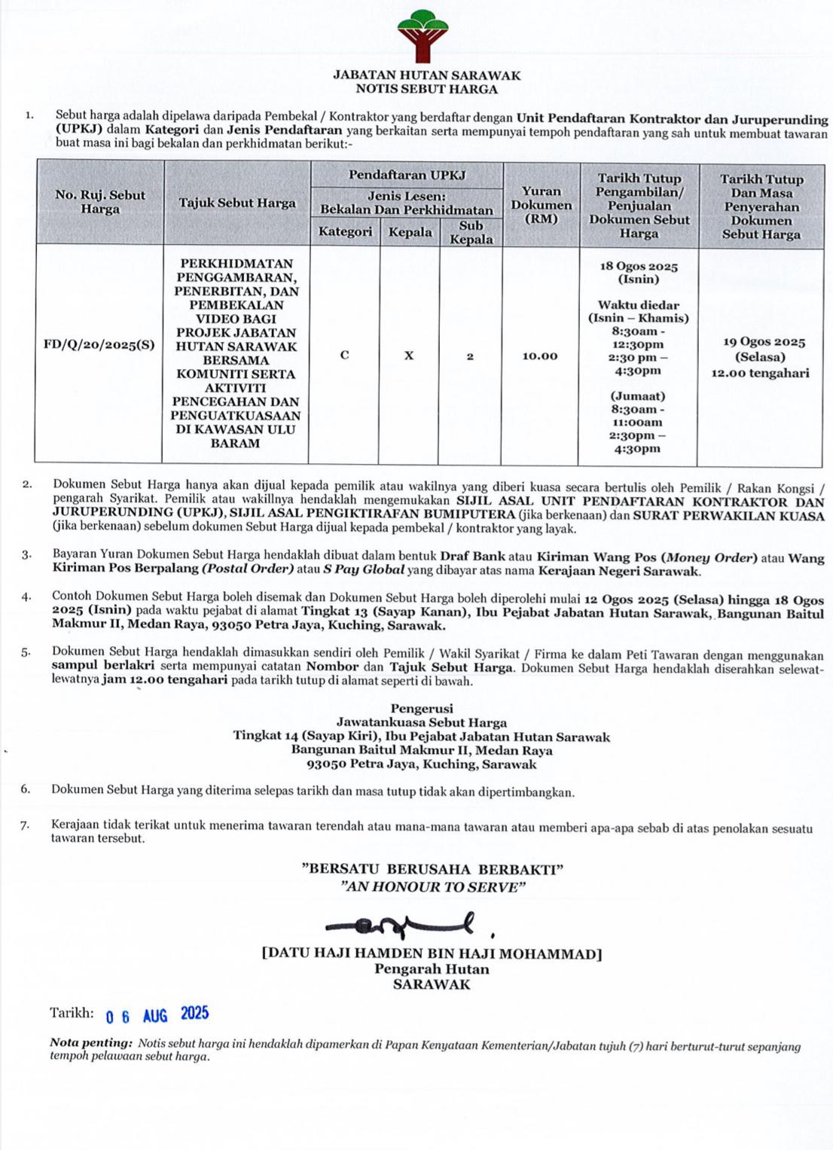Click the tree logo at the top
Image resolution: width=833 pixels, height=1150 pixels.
423,35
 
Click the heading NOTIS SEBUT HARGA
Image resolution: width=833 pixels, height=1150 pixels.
426,89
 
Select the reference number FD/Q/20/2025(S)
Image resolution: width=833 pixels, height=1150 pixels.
99,345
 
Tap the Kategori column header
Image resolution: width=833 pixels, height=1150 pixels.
345,231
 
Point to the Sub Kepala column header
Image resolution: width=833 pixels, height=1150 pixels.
471,232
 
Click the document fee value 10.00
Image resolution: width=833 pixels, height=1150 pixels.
540,355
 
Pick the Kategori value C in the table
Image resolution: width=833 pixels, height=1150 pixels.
344,355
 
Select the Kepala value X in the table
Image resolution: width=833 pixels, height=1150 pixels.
409,355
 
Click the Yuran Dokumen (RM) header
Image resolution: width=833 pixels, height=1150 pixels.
541,205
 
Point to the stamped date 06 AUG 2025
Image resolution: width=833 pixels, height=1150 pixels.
157,1014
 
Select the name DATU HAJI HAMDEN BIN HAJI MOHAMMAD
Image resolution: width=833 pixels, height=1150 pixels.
432,953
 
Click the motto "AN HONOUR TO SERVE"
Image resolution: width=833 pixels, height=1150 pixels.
432,886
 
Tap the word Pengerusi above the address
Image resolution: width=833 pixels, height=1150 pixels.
422,708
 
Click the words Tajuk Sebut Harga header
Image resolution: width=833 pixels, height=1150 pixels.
237,203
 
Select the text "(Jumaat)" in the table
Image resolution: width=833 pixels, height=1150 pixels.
638,396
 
